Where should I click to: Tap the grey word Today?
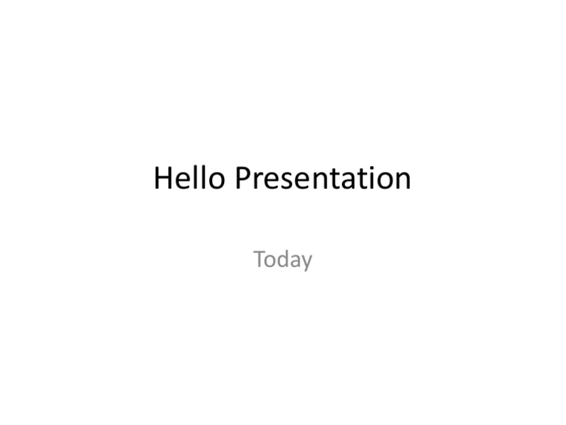point(283,260)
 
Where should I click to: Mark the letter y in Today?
point(307,263)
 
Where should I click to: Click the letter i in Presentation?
point(374,179)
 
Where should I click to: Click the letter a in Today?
point(296,261)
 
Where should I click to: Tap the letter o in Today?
point(271,261)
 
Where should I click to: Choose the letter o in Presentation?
point(385,182)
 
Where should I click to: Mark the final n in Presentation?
point(402,182)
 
